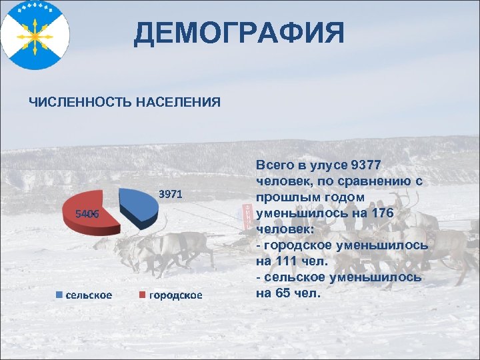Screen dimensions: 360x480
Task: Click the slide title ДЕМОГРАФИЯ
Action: pyautogui.click(x=239, y=33)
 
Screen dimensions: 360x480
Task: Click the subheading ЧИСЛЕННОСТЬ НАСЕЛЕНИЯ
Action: pyautogui.click(x=125, y=102)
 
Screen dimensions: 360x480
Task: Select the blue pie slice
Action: pyautogui.click(x=139, y=203)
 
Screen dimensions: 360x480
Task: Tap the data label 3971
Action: pyautogui.click(x=171, y=195)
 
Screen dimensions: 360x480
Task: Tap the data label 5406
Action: pyautogui.click(x=87, y=214)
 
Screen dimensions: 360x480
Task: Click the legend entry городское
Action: pyautogui.click(x=175, y=295)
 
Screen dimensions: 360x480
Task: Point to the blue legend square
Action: pyautogui.click(x=59, y=295)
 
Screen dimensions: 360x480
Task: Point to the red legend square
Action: pyautogui.click(x=143, y=295)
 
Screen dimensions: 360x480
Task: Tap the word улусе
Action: pyautogui.click(x=325, y=165)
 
